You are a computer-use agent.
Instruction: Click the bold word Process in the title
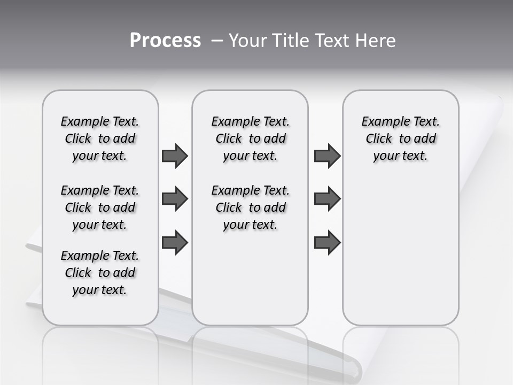165,41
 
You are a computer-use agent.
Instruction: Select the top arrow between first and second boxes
175,156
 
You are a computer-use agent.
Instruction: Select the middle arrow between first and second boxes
175,199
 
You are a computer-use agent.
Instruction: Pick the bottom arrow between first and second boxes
175,242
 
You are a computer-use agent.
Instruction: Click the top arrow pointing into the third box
327,156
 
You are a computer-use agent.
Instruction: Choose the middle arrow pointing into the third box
327,199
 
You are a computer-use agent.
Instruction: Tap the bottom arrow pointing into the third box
327,242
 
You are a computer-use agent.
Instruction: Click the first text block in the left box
100,138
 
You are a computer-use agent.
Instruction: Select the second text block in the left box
100,207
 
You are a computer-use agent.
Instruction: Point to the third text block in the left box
100,273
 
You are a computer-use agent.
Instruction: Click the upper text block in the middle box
250,138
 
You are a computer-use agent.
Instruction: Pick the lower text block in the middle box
250,207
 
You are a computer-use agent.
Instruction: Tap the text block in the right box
400,138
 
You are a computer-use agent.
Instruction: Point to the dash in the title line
217,41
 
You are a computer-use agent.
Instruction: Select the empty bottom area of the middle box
250,283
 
